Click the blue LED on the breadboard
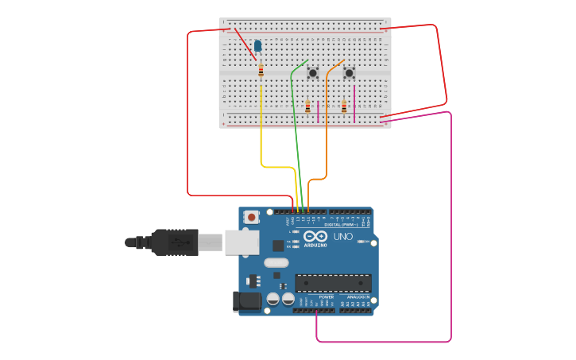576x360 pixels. [257, 46]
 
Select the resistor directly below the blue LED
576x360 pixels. [261, 71]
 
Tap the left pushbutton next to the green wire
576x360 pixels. [312, 73]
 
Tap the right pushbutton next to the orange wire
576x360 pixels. [349, 73]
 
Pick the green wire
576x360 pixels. [296, 127]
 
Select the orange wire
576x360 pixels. [327, 127]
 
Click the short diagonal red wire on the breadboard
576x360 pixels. [245, 44]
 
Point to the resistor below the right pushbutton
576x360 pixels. [344, 106]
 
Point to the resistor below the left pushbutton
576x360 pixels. [307, 106]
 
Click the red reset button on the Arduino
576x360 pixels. [252, 216]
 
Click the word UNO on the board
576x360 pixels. [343, 237]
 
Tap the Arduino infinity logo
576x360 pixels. [315, 236]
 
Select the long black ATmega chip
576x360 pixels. [333, 283]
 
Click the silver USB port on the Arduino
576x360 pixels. [242, 242]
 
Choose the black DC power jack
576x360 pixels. [246, 301]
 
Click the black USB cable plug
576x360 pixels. [175, 242]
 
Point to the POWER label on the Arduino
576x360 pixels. [315, 297]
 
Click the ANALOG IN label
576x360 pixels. [357, 297]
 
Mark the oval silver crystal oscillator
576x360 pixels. [276, 263]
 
